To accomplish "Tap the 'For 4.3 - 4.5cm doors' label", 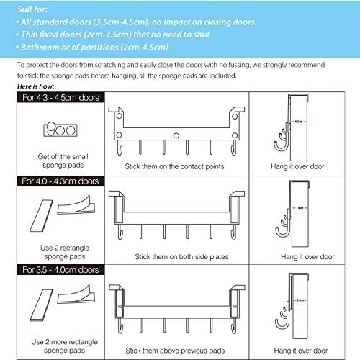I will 50,97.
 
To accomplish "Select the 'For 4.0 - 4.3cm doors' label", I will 50,181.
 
